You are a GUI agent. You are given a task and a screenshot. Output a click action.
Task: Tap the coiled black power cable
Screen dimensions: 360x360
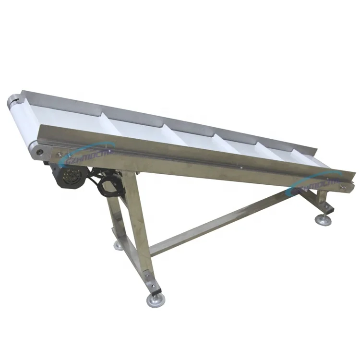(x=108, y=184)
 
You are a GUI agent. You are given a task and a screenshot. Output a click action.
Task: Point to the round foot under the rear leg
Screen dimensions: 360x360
(x=119, y=245)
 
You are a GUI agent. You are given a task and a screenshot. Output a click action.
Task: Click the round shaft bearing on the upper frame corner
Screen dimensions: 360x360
(x=38, y=151)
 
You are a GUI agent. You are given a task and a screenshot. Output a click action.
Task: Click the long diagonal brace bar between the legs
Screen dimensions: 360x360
(x=226, y=220)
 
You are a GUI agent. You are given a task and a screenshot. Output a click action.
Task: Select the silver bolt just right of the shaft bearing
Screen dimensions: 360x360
(x=59, y=154)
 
